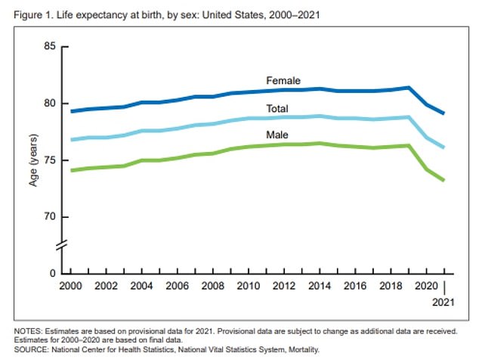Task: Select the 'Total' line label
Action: click(277, 108)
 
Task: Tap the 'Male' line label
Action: click(277, 135)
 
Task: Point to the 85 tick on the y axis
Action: click(51, 47)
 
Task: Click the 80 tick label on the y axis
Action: click(51, 104)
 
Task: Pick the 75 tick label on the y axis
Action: click(51, 160)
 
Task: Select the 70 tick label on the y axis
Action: click(51, 217)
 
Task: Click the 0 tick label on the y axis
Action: click(54, 273)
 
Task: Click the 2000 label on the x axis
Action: click(71, 288)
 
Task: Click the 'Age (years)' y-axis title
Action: click(35, 160)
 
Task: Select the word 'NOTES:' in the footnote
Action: click(21, 331)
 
